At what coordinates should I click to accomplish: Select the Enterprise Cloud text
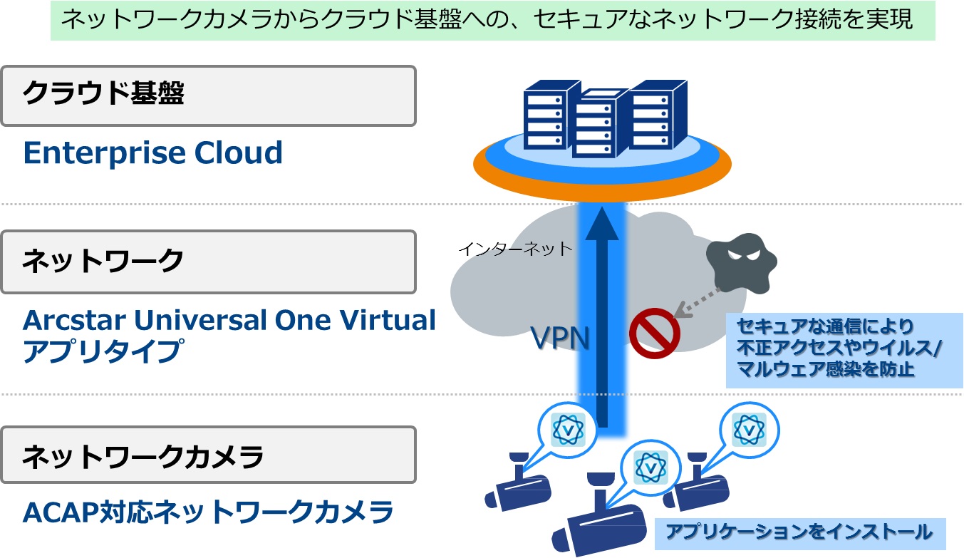tap(152, 153)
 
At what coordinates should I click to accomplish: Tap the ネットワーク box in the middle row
tap(208, 262)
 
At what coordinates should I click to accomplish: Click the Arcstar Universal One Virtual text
tap(229, 321)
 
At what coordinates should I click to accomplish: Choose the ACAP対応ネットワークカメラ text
tap(208, 512)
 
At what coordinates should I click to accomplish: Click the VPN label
tap(560, 338)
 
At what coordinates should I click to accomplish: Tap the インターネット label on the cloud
tap(515, 249)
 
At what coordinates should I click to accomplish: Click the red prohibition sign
tap(655, 333)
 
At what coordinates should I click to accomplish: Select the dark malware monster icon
tap(741, 264)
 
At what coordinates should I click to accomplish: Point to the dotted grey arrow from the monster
tap(698, 303)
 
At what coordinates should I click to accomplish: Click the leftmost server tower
tap(551, 114)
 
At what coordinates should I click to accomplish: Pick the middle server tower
tap(599, 123)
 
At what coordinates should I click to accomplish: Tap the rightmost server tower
tap(658, 114)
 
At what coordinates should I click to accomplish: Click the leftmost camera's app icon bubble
tap(568, 429)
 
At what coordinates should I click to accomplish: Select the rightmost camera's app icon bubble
tap(750, 429)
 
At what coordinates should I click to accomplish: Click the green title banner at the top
tap(493, 20)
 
